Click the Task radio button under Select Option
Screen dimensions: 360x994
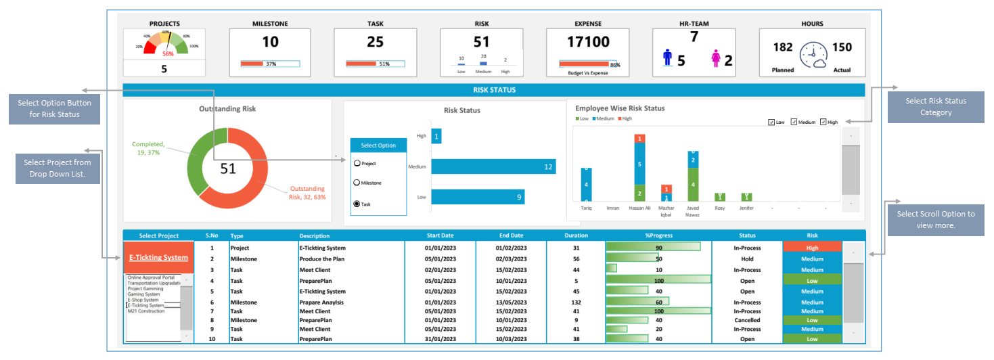pos(357,204)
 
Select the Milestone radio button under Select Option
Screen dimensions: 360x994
pos(357,183)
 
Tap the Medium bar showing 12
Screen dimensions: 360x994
pos(493,166)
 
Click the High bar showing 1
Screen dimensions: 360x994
pos(436,136)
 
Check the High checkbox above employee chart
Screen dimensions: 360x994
pos(823,122)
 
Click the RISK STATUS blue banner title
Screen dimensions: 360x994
pos(494,90)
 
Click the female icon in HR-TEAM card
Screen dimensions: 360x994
pos(716,60)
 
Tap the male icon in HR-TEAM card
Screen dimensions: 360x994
pos(667,60)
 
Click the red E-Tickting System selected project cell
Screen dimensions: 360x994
pos(158,258)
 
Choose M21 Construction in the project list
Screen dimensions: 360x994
pos(145,311)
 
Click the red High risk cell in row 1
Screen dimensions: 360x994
pos(812,248)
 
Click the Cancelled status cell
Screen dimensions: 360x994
pos(747,320)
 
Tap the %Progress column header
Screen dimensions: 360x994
pos(658,235)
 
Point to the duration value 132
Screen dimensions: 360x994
pos(576,302)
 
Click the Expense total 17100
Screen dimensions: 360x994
pos(588,42)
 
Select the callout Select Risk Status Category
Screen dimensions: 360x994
pos(935,107)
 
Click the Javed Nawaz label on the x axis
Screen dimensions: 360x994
pos(692,211)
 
